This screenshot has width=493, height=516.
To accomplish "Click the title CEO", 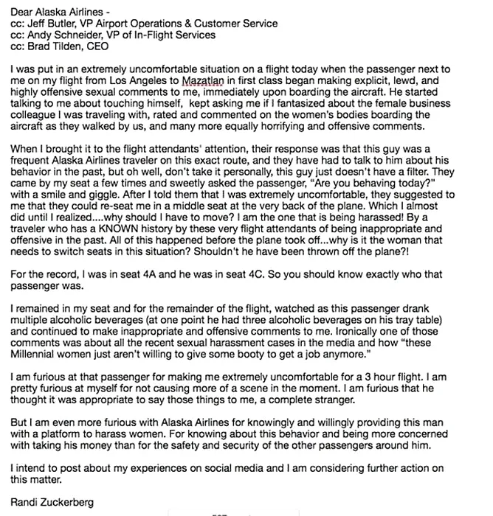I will tap(104, 46).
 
